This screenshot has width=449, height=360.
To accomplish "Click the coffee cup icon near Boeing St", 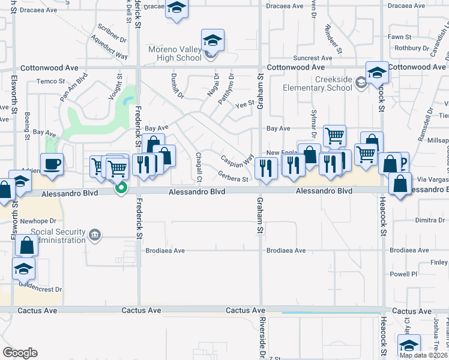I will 52,163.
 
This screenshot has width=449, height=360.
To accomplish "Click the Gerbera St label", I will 233,178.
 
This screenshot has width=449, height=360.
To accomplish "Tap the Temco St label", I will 50,81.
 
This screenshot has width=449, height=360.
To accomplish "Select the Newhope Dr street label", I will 38,221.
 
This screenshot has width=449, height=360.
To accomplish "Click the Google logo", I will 20,353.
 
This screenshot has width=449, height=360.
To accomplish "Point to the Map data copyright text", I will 423,355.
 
